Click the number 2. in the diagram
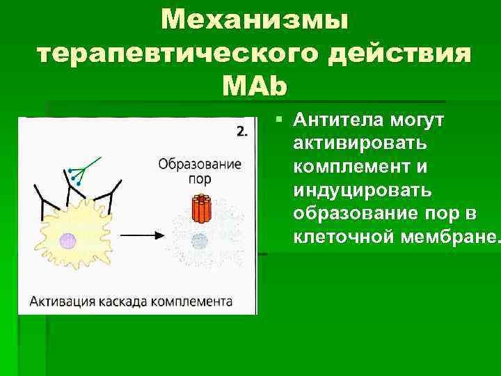(x=241, y=130)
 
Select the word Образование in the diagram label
(x=200, y=165)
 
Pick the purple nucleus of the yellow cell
(x=67, y=241)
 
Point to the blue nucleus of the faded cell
(x=200, y=241)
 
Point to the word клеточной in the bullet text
(x=334, y=237)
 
